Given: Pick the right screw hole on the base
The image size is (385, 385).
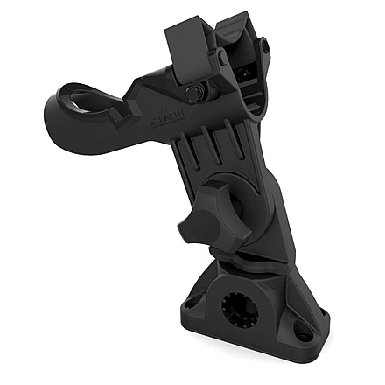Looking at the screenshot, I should click(x=303, y=333).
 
